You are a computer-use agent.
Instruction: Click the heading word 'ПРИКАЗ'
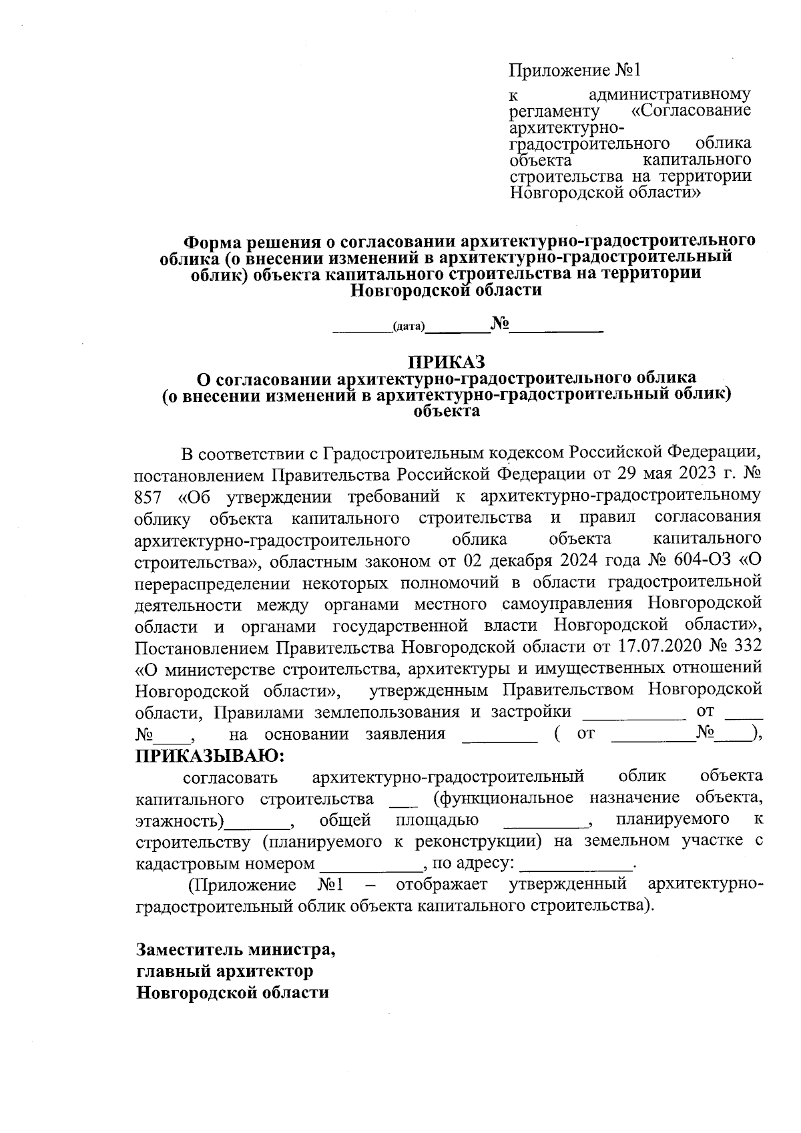tap(447, 361)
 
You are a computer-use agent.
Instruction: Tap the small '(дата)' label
tap(409, 326)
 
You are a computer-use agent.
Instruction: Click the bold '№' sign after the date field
tap(499, 324)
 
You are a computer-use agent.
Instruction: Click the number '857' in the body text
tap(149, 497)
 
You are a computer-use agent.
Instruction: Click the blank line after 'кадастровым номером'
tap(371, 866)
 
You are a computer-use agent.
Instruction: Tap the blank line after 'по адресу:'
tap(575, 866)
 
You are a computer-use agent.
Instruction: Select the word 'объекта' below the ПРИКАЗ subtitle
tap(447, 411)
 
